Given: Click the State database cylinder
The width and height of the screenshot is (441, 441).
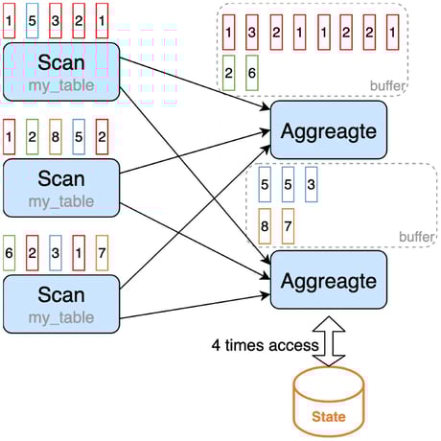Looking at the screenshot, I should [328, 402].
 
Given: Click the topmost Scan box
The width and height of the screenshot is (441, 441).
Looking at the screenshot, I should [60, 71].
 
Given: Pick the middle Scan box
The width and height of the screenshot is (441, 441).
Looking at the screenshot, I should [60, 188].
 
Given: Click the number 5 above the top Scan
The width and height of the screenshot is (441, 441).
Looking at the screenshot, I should [33, 19].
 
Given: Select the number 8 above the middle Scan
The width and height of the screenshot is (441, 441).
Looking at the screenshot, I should [56, 136].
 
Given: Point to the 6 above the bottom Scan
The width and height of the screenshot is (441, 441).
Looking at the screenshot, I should [10, 253].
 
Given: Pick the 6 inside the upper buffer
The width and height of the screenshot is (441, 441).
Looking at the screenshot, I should [251, 73].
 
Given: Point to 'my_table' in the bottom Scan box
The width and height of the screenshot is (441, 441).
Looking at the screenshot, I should [60, 316].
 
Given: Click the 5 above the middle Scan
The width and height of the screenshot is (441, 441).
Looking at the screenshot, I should [79, 136].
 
